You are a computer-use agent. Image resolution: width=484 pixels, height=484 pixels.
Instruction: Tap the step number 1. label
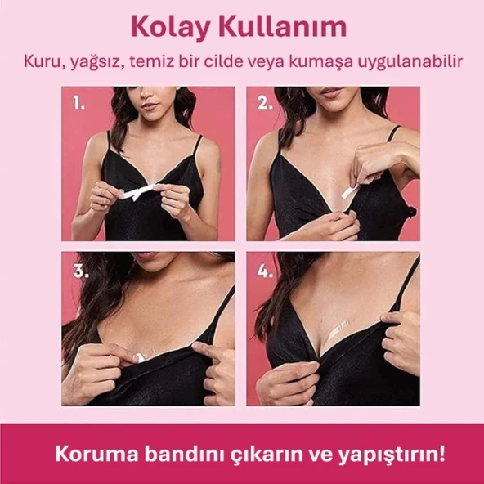coord(78,104)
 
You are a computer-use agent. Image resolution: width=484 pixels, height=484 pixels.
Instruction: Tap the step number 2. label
coord(264,104)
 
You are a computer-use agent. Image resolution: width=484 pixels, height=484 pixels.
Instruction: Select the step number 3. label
coord(79,272)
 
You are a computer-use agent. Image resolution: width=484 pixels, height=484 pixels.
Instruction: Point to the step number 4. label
coord(264,272)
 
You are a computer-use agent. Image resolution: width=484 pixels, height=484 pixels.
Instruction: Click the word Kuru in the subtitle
coord(42,62)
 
